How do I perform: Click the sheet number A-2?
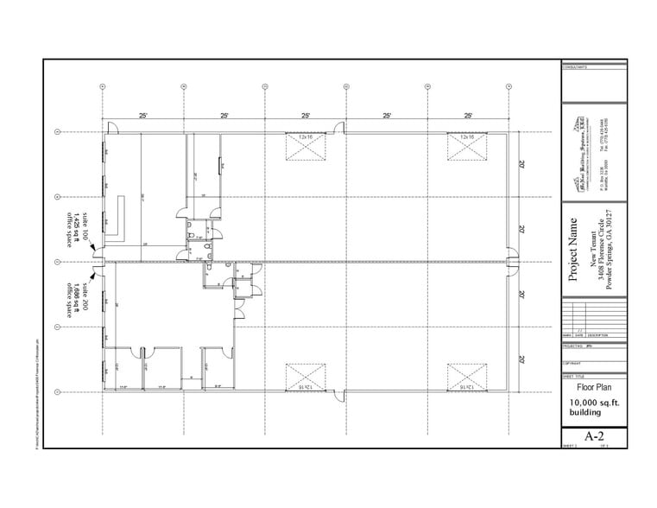tap(592, 435)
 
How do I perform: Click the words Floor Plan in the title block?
tap(592, 389)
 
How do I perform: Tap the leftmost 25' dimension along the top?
tap(142, 114)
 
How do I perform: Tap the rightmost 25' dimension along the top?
tap(468, 114)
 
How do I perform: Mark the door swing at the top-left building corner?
tap(111, 128)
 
